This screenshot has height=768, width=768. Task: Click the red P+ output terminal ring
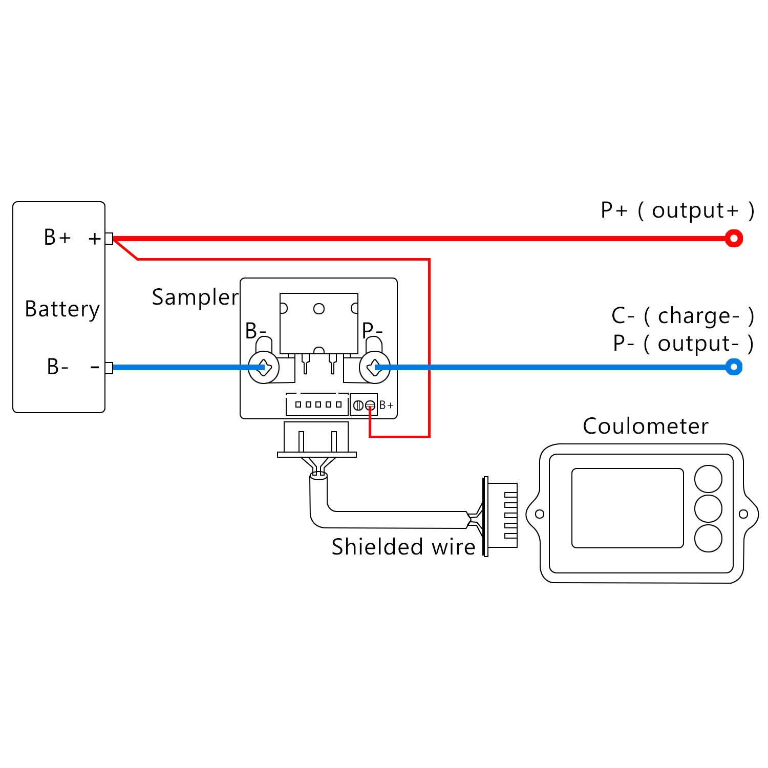coord(734,239)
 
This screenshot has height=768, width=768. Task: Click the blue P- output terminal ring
coord(734,367)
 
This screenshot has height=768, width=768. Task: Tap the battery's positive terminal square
coord(109,239)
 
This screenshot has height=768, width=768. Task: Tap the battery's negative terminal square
coord(109,368)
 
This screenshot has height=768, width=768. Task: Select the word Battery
coord(62,309)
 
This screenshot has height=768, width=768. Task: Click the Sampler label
coord(195,297)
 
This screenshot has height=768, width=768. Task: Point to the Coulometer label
coord(645,426)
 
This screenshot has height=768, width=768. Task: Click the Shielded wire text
coord(403,547)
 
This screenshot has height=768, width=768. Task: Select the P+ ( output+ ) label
coord(677,210)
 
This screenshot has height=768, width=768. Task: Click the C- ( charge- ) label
coord(682,316)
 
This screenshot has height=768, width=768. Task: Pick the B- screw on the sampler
coord(264,367)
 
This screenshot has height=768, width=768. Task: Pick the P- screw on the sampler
coord(375,367)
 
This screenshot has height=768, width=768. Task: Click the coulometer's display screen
coord(627,508)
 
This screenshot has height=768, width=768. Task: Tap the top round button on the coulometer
coord(708,479)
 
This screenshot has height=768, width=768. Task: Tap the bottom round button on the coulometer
coord(708,538)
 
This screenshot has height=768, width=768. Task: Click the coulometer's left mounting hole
coord(539,514)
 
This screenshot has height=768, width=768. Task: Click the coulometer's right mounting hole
coord(743,514)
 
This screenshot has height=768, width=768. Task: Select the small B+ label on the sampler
coord(387,406)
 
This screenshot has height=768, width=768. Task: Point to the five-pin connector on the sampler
coord(317,404)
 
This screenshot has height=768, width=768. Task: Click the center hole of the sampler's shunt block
coord(319,309)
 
